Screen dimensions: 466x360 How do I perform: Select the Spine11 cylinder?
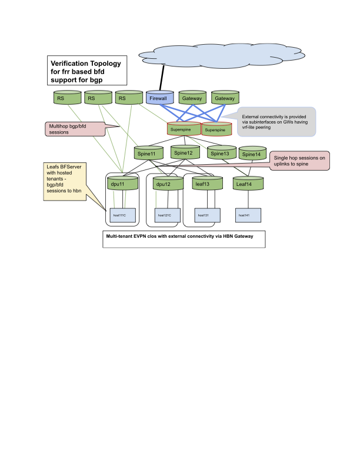tap(147, 154)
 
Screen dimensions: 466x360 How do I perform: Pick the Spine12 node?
tap(184, 153)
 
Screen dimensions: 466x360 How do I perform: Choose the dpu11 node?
tap(124, 184)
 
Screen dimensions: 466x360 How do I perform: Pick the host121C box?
tap(164, 215)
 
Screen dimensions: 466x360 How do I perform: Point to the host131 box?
tap(203, 215)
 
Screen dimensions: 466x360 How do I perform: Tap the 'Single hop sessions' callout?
tap(299, 161)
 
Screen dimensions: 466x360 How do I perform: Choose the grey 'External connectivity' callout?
tap(275, 121)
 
